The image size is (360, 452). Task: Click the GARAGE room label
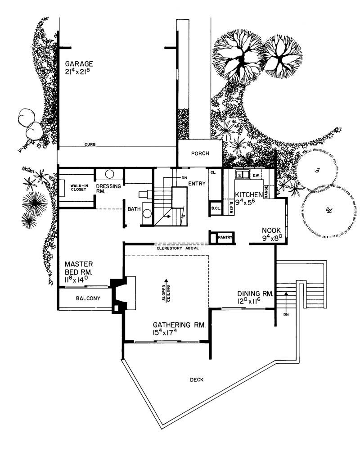point(78,64)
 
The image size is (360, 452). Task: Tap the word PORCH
point(200,154)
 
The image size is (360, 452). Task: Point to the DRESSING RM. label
point(106,188)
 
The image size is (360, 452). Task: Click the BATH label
point(134,210)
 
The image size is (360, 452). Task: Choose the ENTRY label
point(197,183)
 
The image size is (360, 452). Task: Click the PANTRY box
point(224,237)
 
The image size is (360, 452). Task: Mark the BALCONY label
point(88,298)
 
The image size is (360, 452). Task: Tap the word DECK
point(197,380)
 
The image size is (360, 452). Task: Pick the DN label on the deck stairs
point(285,314)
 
